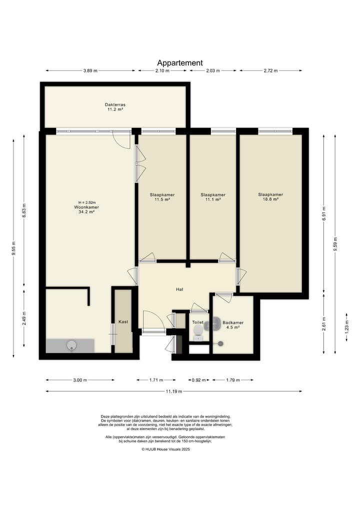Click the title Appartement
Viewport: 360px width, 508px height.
pyautogui.click(x=180, y=63)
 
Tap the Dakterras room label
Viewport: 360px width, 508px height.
pyautogui.click(x=115, y=104)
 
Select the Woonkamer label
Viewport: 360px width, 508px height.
pyautogui.click(x=86, y=207)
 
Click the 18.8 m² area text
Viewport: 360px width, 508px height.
pyautogui.click(x=270, y=200)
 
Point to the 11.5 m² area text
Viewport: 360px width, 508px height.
pyautogui.click(x=162, y=200)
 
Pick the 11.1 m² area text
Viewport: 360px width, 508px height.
pyautogui.click(x=213, y=200)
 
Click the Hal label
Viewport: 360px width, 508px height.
pyautogui.click(x=179, y=289)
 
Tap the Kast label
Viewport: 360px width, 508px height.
pyautogui.click(x=123, y=322)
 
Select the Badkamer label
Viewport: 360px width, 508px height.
pyautogui.click(x=233, y=323)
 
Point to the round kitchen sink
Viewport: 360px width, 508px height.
pyautogui.click(x=71, y=345)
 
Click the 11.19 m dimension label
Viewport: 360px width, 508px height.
pyautogui.click(x=174, y=392)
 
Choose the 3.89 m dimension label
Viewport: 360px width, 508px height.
pyautogui.click(x=90, y=70)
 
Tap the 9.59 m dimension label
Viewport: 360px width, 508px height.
pyautogui.click(x=335, y=244)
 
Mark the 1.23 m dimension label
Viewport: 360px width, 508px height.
pyautogui.click(x=346, y=327)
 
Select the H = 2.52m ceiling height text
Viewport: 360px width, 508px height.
pyautogui.click(x=86, y=202)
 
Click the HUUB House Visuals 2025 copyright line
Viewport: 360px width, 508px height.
pyautogui.click(x=165, y=450)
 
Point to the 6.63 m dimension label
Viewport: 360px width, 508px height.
pyautogui.click(x=24, y=211)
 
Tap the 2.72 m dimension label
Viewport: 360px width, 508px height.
pyautogui.click(x=270, y=70)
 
